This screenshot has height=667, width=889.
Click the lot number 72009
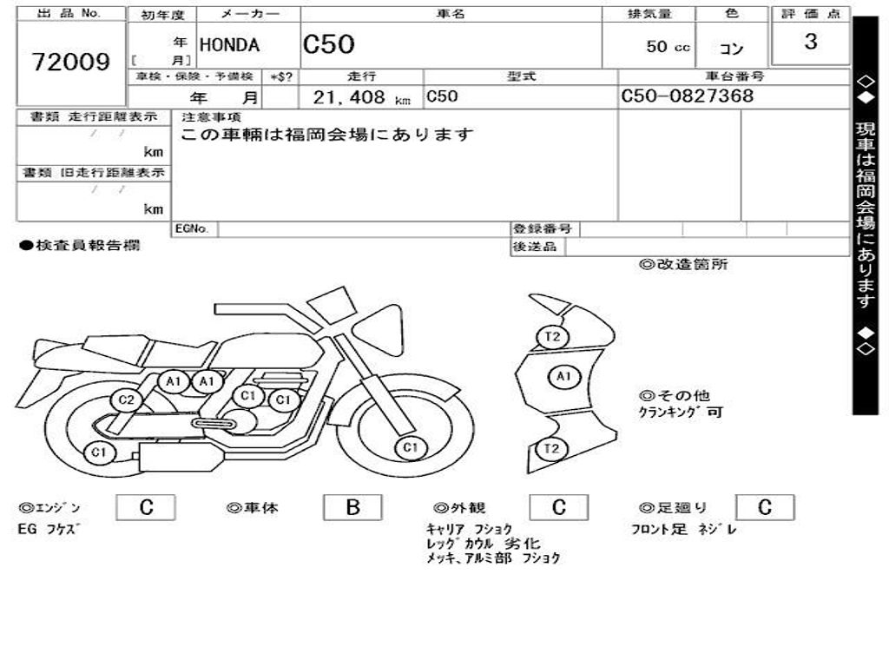point(71,62)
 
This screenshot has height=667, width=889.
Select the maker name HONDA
point(230,46)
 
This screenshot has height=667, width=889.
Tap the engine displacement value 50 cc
point(668,47)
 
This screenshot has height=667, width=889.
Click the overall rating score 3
point(810,42)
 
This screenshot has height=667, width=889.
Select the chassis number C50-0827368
point(688,96)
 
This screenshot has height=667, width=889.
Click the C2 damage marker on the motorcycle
point(127,400)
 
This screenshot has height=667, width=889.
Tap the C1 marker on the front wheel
point(411,448)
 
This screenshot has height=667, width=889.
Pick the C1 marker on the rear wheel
point(100,452)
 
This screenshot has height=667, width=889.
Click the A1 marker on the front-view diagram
point(563,376)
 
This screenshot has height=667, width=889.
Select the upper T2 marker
point(551,336)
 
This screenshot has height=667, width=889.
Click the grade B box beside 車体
point(352,508)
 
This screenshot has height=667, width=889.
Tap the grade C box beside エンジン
point(146,508)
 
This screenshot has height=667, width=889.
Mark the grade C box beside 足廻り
point(764,508)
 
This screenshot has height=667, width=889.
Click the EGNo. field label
point(192,229)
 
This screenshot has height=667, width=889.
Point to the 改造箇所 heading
point(683,265)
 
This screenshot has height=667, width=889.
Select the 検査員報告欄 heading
point(79,246)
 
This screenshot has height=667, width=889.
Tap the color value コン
point(732,50)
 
